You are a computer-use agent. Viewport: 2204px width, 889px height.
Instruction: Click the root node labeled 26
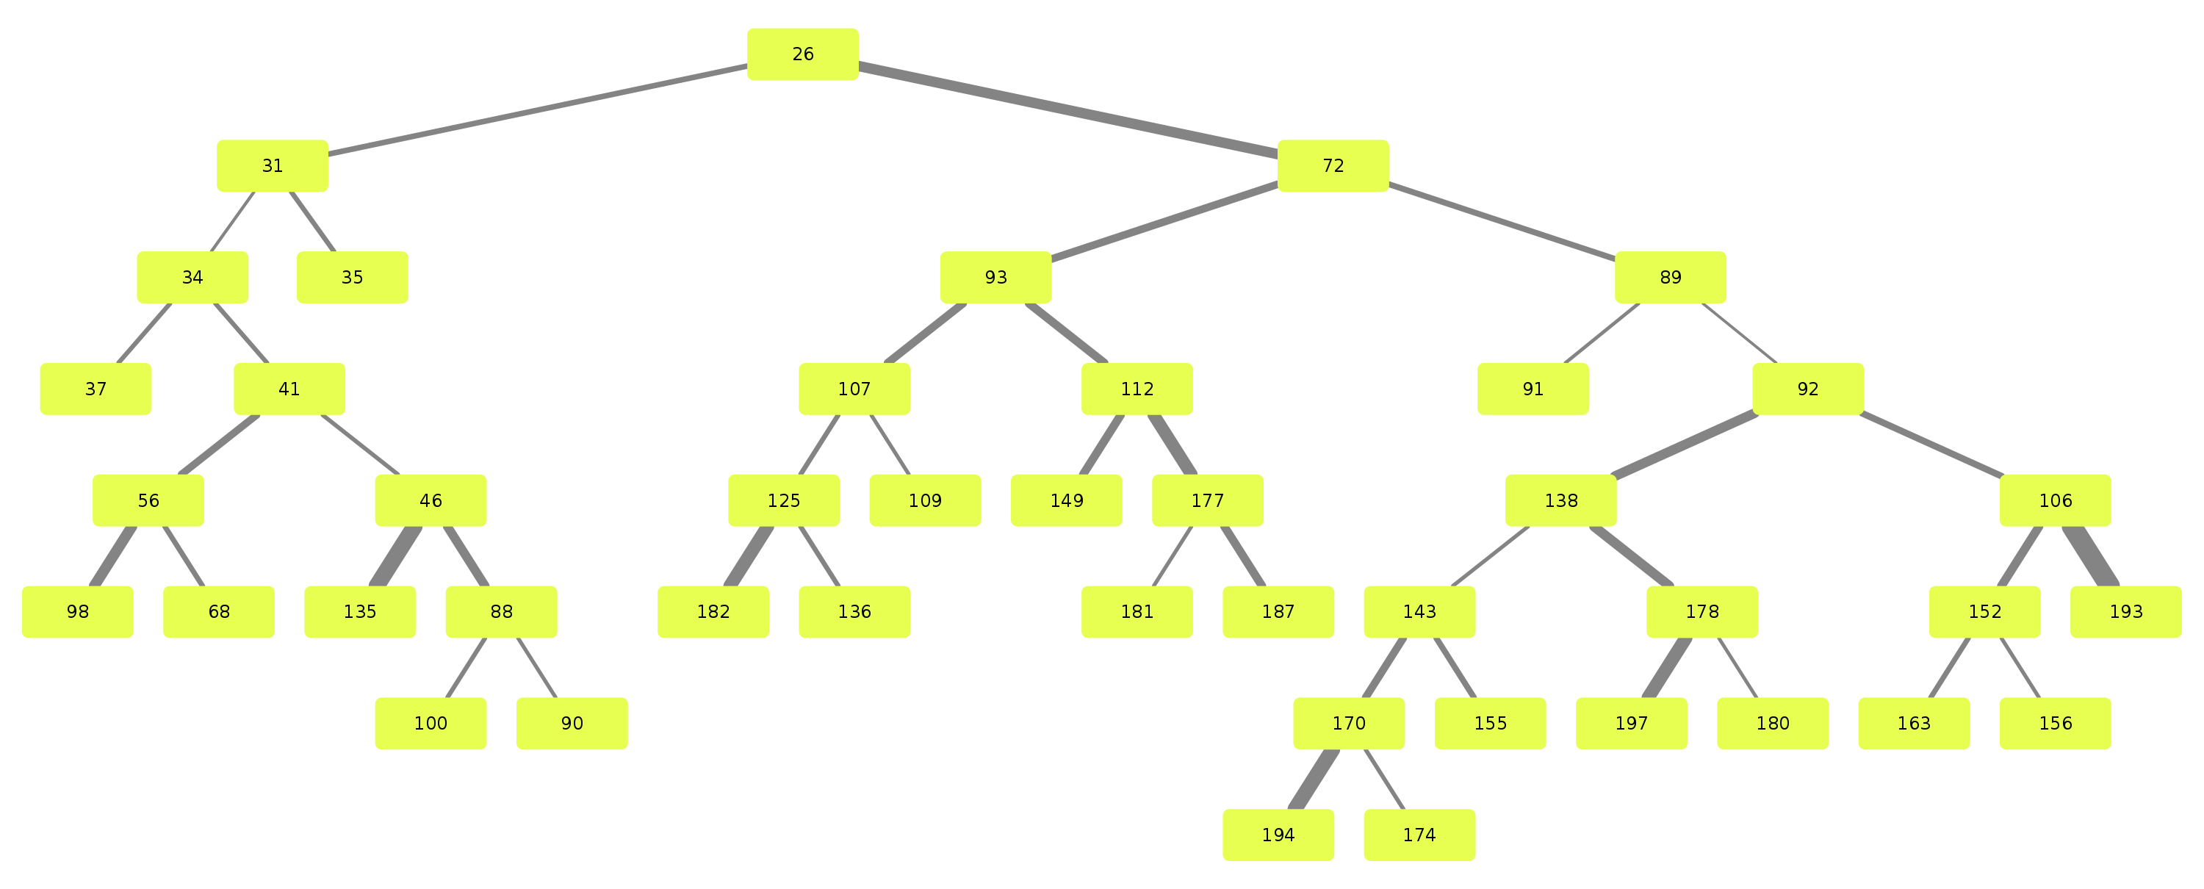[x=802, y=54]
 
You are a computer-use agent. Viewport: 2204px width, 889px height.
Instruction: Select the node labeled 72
[x=1332, y=165]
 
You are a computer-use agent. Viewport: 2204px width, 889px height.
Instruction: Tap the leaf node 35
[x=352, y=277]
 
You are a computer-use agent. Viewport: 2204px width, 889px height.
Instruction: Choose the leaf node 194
[x=1278, y=834]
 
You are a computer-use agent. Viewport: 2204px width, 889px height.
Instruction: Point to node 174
[x=1419, y=834]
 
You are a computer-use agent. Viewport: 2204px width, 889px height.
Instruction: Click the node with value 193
[x=2125, y=612]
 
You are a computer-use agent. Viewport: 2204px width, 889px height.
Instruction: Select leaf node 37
[x=96, y=389]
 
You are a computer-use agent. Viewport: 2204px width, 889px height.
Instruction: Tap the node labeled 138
[x=1560, y=500]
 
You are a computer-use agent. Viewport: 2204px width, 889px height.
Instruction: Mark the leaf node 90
[x=572, y=723]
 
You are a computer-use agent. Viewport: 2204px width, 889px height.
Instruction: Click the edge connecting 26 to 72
[x=1067, y=109]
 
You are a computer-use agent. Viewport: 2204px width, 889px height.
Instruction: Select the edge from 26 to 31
[x=537, y=109]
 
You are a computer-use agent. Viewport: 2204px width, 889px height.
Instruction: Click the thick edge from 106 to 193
[x=2090, y=556]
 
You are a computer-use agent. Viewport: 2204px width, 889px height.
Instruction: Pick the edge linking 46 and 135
[x=395, y=556]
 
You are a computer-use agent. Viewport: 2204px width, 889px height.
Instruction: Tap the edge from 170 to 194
[x=1314, y=779]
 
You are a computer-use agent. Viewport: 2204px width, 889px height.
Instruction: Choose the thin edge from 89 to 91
[x=1601, y=333]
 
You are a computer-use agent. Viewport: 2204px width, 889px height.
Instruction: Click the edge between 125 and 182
[x=749, y=556]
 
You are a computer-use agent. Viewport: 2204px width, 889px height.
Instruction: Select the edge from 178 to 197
[x=1667, y=667]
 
